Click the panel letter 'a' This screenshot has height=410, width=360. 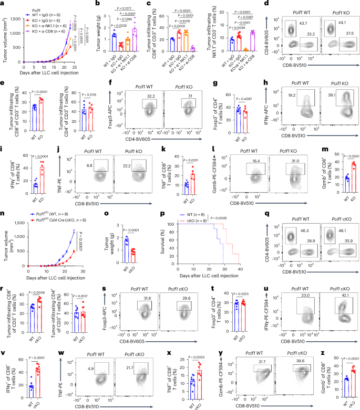[x=3, y=4]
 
